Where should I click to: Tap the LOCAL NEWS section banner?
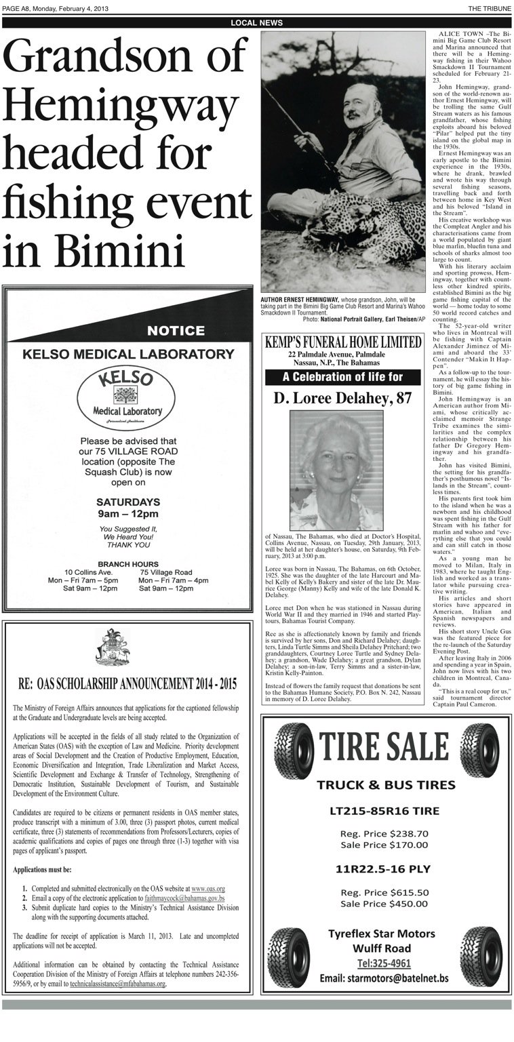tap(256, 23)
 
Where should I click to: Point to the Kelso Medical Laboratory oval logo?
tap(128, 400)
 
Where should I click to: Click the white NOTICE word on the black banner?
tap(176, 331)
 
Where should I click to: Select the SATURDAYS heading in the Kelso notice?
tap(128, 502)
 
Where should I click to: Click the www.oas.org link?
tap(207, 888)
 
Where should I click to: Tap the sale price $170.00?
tap(408, 845)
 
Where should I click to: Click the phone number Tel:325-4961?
tap(384, 963)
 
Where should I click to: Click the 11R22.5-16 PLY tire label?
tap(384, 868)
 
